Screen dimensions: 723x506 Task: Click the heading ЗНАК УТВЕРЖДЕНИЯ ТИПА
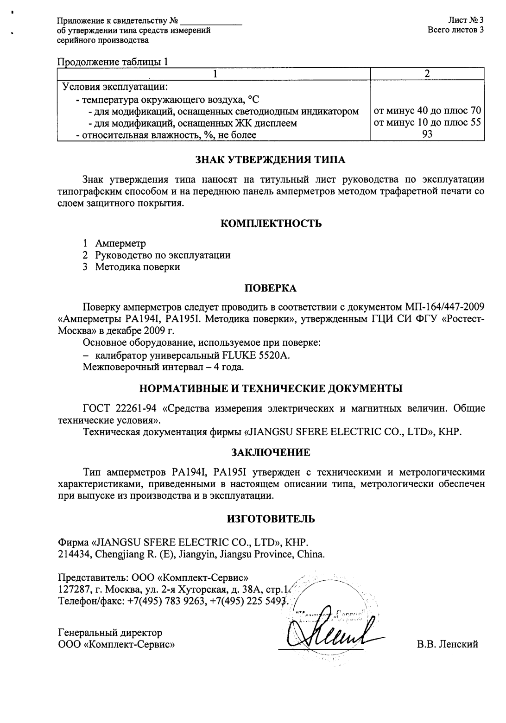271,160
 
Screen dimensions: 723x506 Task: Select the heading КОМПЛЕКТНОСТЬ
271,224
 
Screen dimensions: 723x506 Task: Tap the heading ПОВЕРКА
271,288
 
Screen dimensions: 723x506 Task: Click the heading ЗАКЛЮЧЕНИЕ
271,452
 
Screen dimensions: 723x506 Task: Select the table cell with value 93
428,135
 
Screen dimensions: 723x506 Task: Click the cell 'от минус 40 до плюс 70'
428,111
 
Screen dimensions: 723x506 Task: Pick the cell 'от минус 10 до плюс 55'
428,123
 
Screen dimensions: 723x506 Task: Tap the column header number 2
428,74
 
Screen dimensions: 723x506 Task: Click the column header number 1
214,74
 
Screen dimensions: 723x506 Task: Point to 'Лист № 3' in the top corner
466,20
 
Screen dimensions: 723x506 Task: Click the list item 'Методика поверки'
138,267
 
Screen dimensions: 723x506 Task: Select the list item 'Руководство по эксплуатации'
163,255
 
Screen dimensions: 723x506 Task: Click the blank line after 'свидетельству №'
211,21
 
